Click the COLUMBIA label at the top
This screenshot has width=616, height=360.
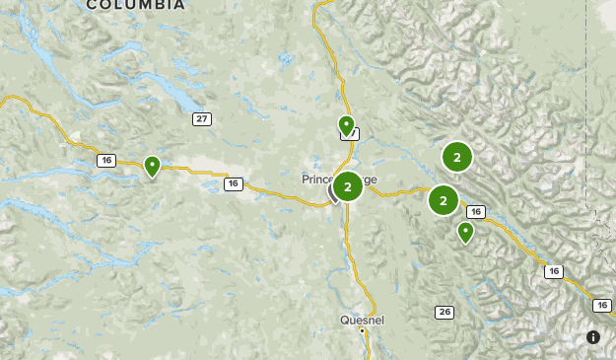pyautogui.click(x=135, y=5)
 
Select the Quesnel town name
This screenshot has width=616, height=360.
pyautogui.click(x=361, y=320)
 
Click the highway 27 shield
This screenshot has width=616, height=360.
pyautogui.click(x=202, y=119)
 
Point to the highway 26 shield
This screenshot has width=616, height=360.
pyautogui.click(x=445, y=313)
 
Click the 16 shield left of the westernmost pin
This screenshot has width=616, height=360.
pyautogui.click(x=106, y=160)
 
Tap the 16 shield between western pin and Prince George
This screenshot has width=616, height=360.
pyautogui.click(x=233, y=183)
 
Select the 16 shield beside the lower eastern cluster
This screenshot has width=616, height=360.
pyautogui.click(x=476, y=212)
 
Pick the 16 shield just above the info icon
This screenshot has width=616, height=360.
pyautogui.click(x=554, y=271)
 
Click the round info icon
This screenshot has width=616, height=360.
pyautogui.click(x=593, y=337)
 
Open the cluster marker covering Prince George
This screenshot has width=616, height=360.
pyautogui.click(x=347, y=185)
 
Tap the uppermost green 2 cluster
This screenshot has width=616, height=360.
pyautogui.click(x=457, y=156)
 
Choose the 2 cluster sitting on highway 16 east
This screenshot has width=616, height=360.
pyautogui.click(x=444, y=200)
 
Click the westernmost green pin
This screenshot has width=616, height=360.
pyautogui.click(x=152, y=166)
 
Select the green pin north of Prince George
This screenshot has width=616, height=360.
pyautogui.click(x=346, y=125)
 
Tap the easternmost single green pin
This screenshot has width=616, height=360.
pyautogui.click(x=465, y=232)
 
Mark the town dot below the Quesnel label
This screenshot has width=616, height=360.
pyautogui.click(x=362, y=331)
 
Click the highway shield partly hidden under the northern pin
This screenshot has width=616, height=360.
pyautogui.click(x=353, y=134)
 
